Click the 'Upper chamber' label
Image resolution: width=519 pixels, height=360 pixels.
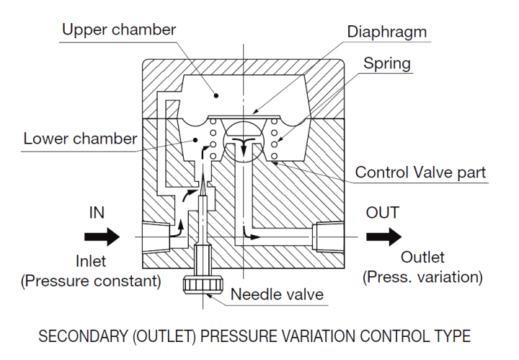click(x=119, y=30)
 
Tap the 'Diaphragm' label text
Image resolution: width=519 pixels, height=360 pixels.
click(x=386, y=32)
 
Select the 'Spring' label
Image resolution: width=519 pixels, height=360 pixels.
click(x=386, y=63)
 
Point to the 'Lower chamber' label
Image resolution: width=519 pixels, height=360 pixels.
click(x=80, y=138)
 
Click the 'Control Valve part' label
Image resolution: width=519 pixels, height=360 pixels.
click(x=421, y=172)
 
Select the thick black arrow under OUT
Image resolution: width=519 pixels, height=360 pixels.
click(x=382, y=236)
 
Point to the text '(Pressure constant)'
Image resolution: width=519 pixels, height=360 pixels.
click(x=92, y=281)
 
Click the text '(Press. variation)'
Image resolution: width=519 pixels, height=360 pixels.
click(x=422, y=276)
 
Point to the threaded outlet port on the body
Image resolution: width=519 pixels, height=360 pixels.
click(x=328, y=235)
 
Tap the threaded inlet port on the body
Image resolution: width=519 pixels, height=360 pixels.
click(x=157, y=235)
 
